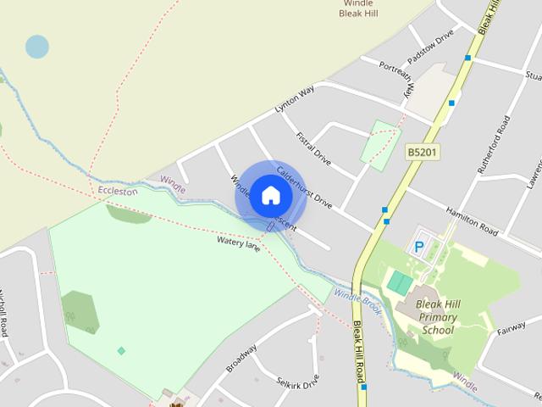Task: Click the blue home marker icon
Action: (270, 195)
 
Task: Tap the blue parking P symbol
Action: (419, 248)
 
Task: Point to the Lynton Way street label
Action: (295, 98)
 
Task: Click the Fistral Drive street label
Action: (313, 148)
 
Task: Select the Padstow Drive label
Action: (430, 46)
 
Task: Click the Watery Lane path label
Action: (238, 243)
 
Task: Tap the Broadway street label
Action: (241, 358)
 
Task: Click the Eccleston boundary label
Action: (117, 192)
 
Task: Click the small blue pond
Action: (36, 47)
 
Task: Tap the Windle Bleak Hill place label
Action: (358, 8)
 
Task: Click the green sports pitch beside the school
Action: (400, 282)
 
